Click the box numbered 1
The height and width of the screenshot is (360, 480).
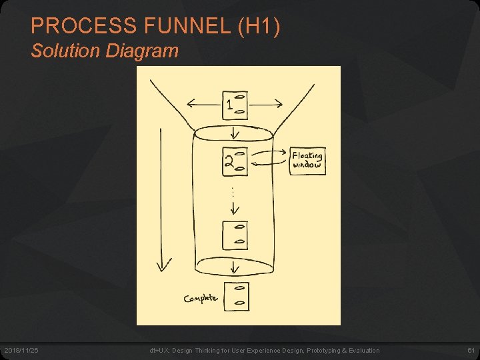[235, 105]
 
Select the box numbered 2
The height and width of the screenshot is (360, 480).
[235, 161]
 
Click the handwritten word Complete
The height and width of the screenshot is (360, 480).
[201, 299]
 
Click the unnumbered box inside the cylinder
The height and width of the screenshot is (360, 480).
[235, 235]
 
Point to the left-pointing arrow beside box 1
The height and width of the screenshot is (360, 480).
[203, 103]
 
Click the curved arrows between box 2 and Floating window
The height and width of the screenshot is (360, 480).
[269, 157]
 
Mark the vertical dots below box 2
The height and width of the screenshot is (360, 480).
[233, 191]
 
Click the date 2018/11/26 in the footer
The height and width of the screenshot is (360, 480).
[21, 351]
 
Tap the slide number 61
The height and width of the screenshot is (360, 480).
[471, 351]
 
